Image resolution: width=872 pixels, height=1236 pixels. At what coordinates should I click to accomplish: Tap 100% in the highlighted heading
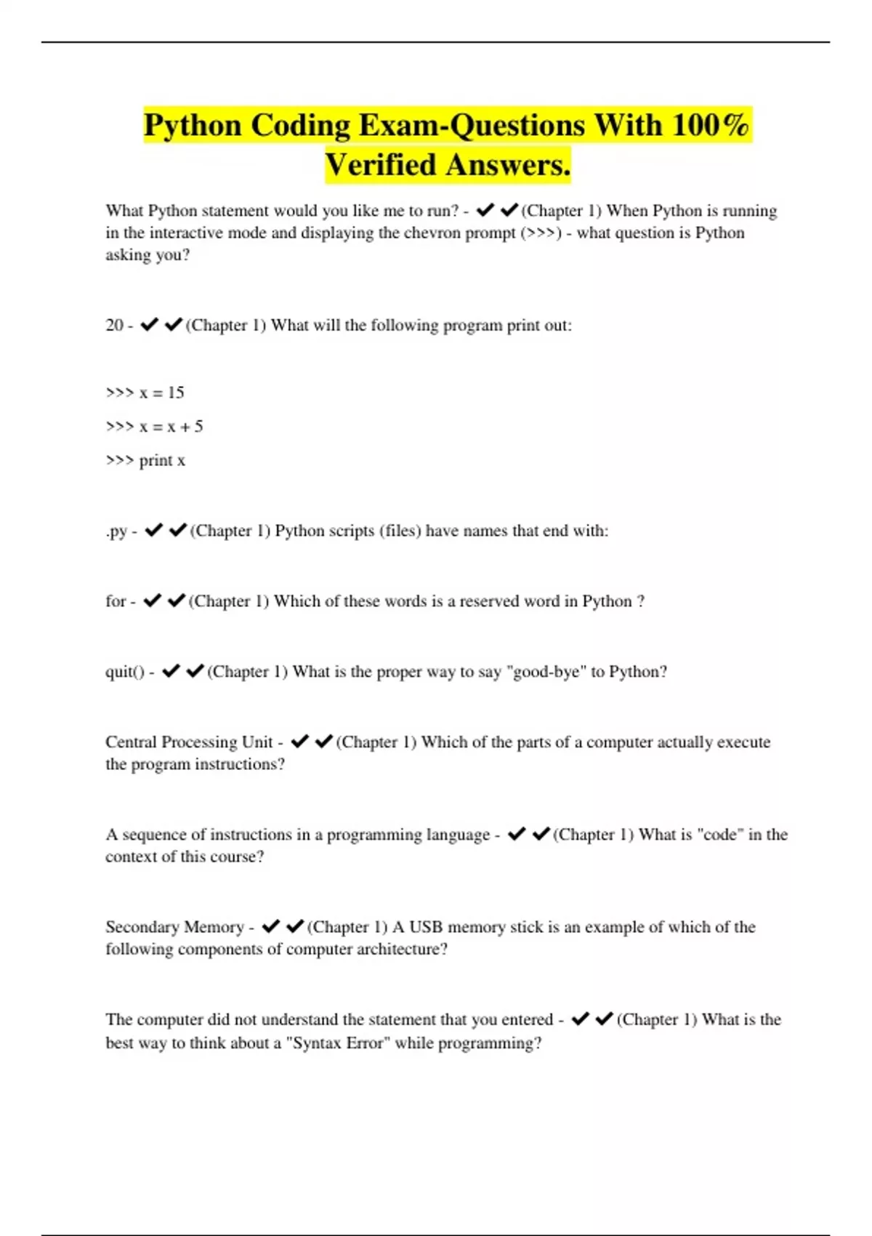(710, 125)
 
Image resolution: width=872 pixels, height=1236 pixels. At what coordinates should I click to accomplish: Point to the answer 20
(114, 325)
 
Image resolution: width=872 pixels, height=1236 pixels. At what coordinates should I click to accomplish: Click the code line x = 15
(145, 393)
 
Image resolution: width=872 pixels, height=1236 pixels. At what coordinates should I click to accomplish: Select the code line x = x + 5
(154, 427)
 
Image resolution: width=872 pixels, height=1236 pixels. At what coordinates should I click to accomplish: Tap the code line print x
(145, 460)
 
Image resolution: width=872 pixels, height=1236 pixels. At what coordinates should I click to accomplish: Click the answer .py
(116, 531)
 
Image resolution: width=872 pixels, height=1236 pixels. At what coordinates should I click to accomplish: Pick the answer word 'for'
(116, 601)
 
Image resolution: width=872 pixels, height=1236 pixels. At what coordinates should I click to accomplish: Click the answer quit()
(124, 672)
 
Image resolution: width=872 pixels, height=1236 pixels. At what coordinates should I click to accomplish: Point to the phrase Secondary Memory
(174, 927)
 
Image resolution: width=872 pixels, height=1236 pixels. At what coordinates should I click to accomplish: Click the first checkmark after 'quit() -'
(171, 671)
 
